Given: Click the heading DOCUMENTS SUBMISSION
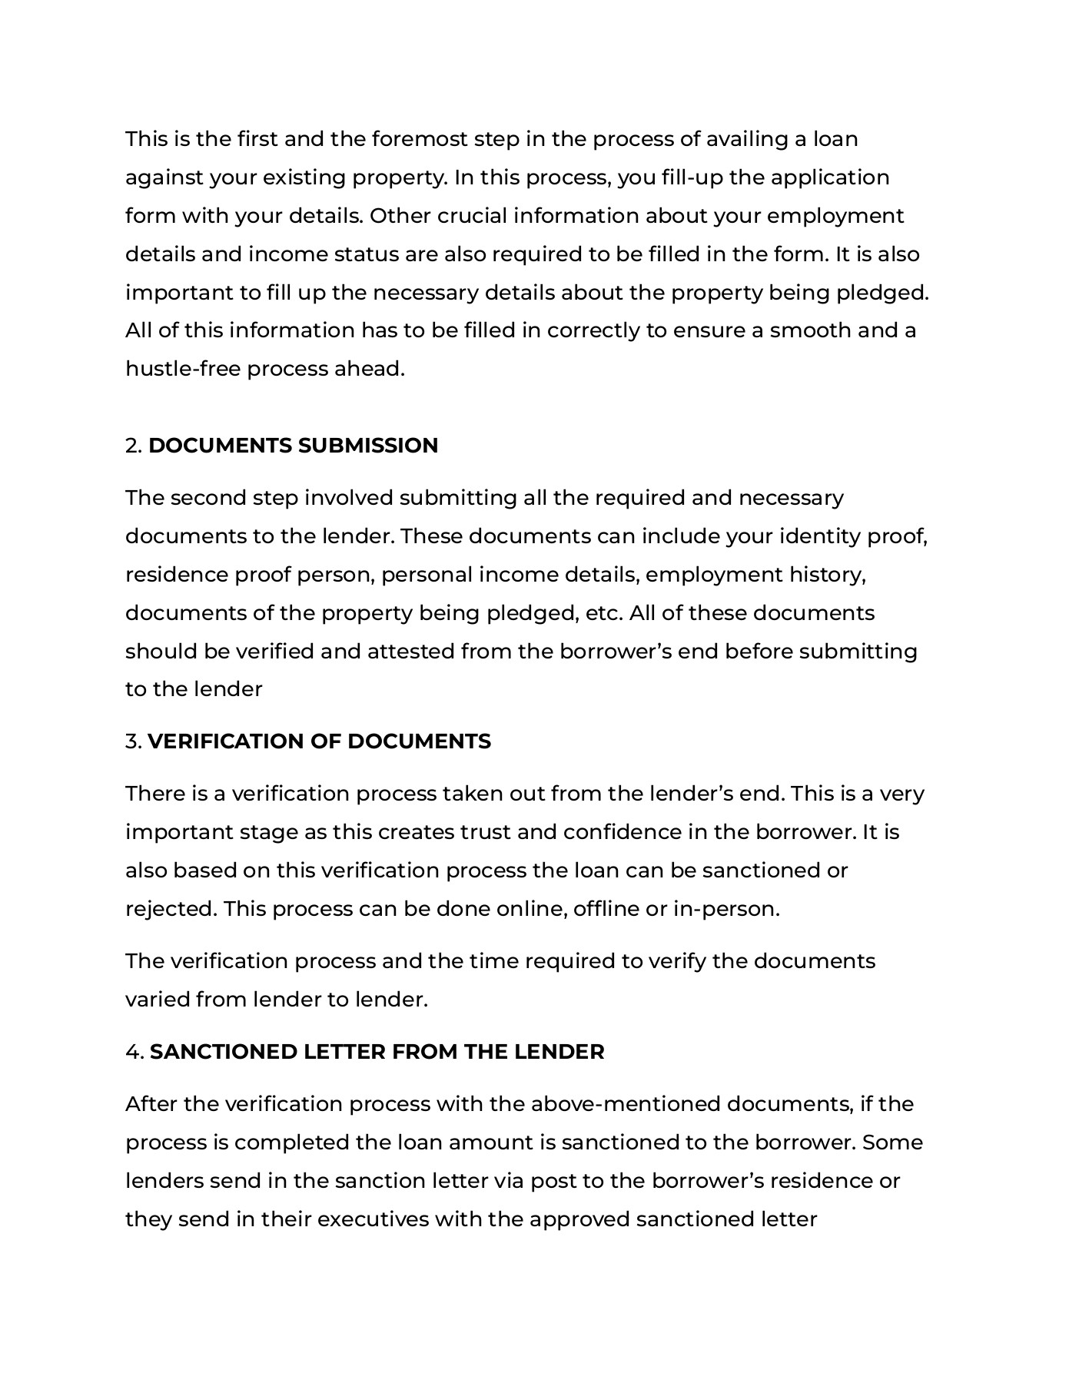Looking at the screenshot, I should pyautogui.click(x=293, y=446).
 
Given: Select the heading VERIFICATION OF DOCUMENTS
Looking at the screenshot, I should pyautogui.click(x=319, y=741).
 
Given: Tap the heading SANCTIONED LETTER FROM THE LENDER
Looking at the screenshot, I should pyautogui.click(x=377, y=1052).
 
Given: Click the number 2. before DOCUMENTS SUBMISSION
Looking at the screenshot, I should pyautogui.click(x=134, y=446).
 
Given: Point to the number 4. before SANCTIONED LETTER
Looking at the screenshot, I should pyautogui.click(x=134, y=1052).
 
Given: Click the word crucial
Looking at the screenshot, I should pyautogui.click(x=472, y=216).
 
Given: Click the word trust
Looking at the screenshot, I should pyautogui.click(x=485, y=832).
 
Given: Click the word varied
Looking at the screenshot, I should pyautogui.click(x=158, y=1000).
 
